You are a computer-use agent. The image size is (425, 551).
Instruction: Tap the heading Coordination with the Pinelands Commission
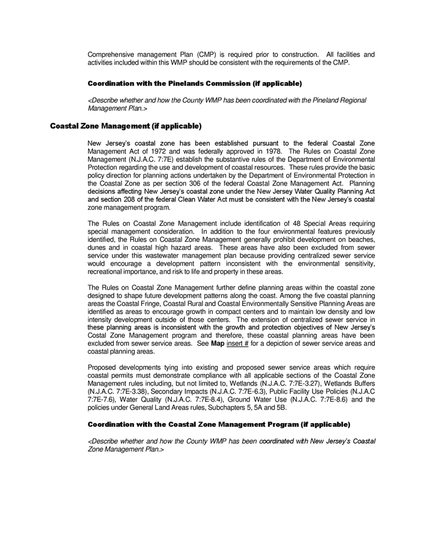coord(194,83)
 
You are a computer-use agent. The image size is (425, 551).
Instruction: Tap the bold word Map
coord(218,343)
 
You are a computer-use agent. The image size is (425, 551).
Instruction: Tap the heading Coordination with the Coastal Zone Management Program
coord(219,424)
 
